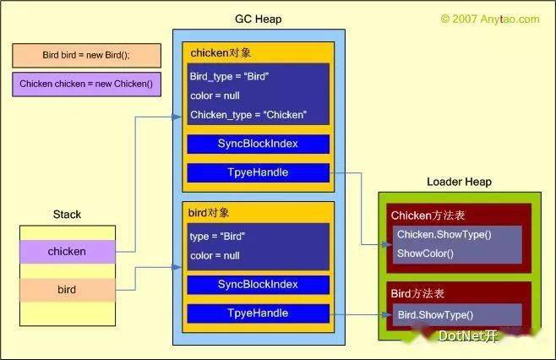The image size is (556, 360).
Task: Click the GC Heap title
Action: pyautogui.click(x=259, y=19)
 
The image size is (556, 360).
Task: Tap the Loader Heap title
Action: pyautogui.click(x=459, y=182)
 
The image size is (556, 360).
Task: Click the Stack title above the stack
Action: pyautogui.click(x=67, y=215)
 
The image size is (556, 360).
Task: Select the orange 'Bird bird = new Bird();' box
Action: pyautogui.click(x=86, y=55)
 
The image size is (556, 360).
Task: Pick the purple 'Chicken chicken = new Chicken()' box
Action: pyautogui.click(x=86, y=84)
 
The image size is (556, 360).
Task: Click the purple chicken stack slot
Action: pyautogui.click(x=68, y=252)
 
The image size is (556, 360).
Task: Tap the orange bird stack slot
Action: pyautogui.click(x=68, y=290)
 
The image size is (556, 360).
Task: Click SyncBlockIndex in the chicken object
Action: pyautogui.click(x=259, y=144)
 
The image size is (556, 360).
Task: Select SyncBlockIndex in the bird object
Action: pyautogui.click(x=259, y=285)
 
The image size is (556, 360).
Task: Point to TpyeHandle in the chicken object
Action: pyautogui.click(x=259, y=172)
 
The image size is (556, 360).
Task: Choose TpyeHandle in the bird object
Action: pyautogui.click(x=259, y=314)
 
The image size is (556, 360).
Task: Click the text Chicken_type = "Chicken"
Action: pyautogui.click(x=248, y=115)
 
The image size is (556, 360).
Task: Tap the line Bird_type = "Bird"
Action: pyautogui.click(x=230, y=77)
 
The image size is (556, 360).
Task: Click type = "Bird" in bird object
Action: pyautogui.click(x=217, y=237)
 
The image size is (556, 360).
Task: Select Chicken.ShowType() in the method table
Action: pyautogui.click(x=444, y=234)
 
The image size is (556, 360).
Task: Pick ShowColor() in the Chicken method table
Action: pyautogui.click(x=425, y=254)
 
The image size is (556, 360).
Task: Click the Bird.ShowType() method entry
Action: pyautogui.click(x=435, y=315)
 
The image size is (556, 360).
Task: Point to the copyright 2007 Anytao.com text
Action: pyautogui.click(x=490, y=19)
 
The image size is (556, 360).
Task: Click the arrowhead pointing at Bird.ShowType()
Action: pyautogui.click(x=388, y=314)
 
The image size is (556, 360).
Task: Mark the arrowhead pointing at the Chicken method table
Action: pyautogui.click(x=388, y=244)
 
